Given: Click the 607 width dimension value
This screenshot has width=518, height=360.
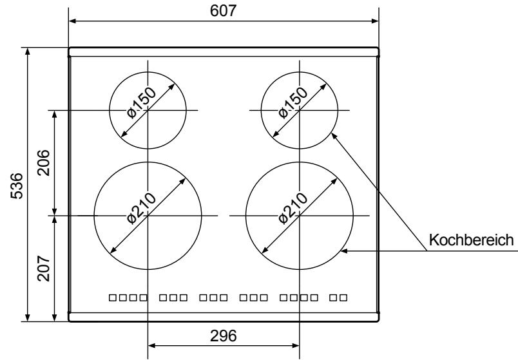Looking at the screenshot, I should click(x=223, y=11).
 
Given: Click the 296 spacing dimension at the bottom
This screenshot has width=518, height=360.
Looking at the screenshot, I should click(x=224, y=336).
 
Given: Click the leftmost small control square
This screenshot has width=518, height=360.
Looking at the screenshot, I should click(x=113, y=298).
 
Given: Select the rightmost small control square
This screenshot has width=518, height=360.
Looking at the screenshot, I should click(x=344, y=298).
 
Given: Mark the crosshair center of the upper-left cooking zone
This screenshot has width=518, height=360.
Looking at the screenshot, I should click(x=148, y=110).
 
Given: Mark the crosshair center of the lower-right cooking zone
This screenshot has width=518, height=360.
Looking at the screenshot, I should click(x=300, y=215).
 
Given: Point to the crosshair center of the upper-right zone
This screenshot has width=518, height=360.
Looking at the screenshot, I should click(x=300, y=110).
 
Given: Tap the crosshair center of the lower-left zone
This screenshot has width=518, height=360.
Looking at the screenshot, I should click(x=148, y=215).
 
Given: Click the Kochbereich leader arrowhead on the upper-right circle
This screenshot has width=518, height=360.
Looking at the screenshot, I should click(x=333, y=135).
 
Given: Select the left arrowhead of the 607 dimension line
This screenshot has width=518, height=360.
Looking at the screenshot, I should click(x=72, y=21).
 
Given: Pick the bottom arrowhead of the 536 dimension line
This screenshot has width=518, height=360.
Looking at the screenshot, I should click(x=27, y=317).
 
